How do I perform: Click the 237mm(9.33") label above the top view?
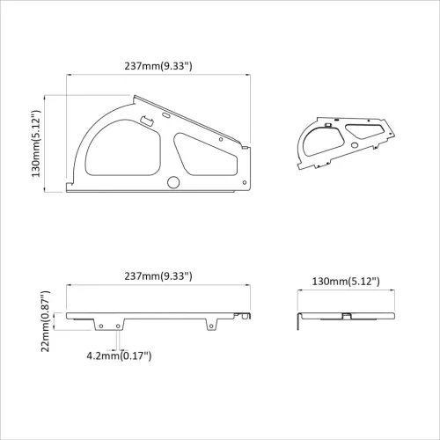tap(159, 65)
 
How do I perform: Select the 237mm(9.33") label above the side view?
tap(159, 275)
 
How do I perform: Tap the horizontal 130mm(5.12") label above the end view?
tap(346, 281)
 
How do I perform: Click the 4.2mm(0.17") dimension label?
tap(120, 356)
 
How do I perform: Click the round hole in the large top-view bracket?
tap(172, 182)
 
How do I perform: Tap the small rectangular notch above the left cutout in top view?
tap(143, 118)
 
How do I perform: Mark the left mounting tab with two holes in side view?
tap(109, 326)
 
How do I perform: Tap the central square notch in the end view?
tap(347, 314)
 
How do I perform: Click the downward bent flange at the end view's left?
tap(300, 321)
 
